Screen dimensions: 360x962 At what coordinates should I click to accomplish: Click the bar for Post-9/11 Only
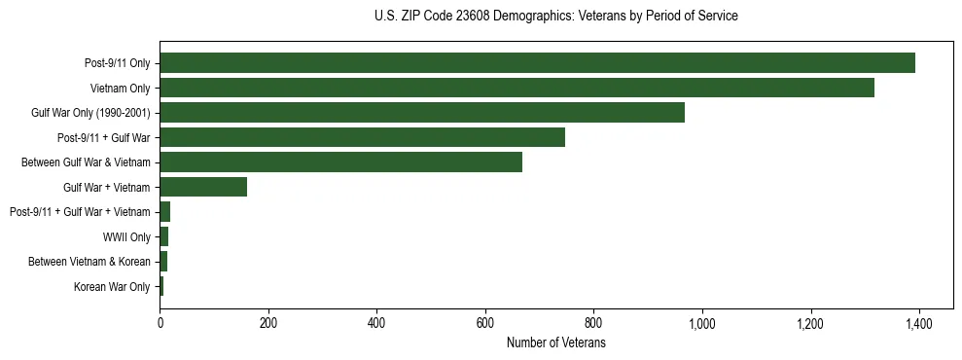[x=537, y=63]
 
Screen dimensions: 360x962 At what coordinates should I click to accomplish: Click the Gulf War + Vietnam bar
[x=203, y=187]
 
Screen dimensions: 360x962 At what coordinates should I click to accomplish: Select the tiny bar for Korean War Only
[x=161, y=286]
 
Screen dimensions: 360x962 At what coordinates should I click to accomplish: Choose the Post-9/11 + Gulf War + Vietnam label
[x=80, y=212]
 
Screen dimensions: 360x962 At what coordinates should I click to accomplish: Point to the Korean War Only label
[x=112, y=286]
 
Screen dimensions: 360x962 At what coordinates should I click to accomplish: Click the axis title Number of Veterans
[x=555, y=342]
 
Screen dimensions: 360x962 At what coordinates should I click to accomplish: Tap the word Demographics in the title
[x=537, y=17]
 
